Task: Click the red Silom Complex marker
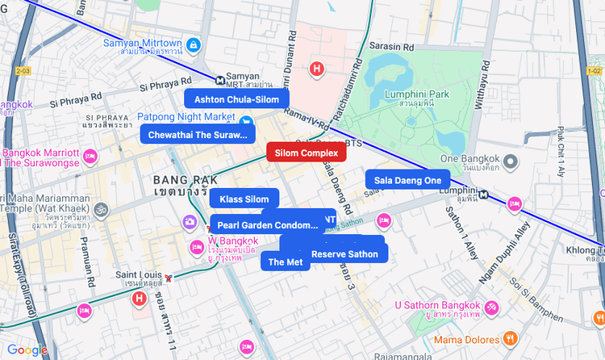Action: click(x=306, y=153)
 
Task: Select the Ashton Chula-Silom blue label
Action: click(x=236, y=99)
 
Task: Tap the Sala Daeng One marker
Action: click(x=407, y=180)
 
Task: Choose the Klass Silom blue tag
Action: click(x=244, y=199)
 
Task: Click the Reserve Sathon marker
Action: click(x=344, y=253)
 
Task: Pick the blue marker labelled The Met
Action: click(x=285, y=262)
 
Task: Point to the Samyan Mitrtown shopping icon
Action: click(x=193, y=44)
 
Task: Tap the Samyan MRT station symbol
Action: click(x=221, y=79)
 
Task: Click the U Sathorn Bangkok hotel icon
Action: click(x=490, y=306)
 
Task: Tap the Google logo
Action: click(x=27, y=350)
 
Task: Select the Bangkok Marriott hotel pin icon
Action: click(x=90, y=155)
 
